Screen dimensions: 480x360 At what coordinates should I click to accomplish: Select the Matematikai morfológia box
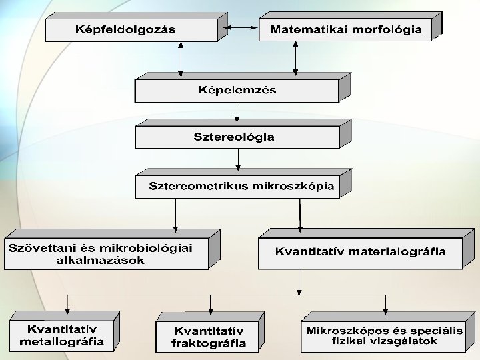pyautogui.click(x=345, y=29)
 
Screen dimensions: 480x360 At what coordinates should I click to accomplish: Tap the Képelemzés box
pyautogui.click(x=237, y=90)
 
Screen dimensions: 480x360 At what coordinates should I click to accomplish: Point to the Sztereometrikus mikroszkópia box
pyautogui.click(x=237, y=186)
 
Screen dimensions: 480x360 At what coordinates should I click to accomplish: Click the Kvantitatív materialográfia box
pyautogui.click(x=360, y=253)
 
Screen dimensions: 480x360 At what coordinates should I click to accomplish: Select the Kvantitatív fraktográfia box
pyautogui.click(x=208, y=337)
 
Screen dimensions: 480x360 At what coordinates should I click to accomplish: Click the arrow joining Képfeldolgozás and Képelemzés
pyautogui.click(x=180, y=59)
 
